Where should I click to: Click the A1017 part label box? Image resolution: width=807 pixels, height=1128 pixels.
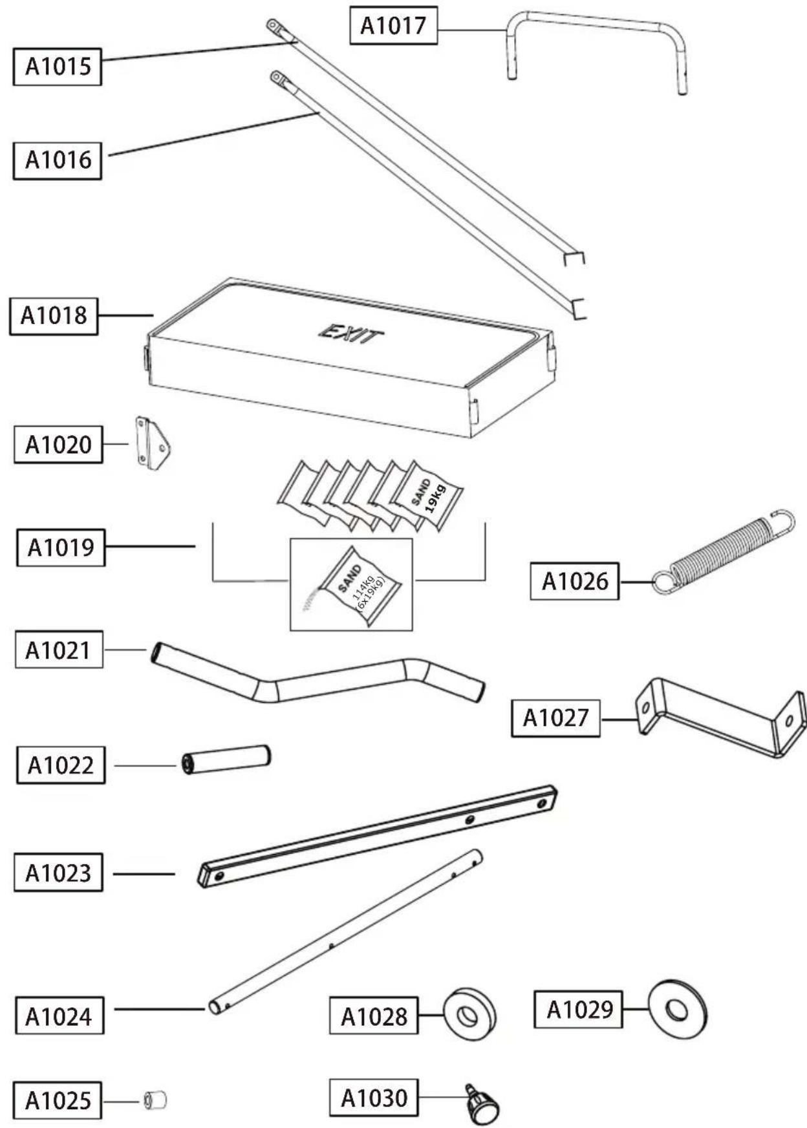(393, 26)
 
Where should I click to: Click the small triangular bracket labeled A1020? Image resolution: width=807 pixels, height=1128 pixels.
(153, 443)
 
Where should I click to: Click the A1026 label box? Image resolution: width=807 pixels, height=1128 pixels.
(574, 581)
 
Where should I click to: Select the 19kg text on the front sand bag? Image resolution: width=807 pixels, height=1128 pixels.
(436, 498)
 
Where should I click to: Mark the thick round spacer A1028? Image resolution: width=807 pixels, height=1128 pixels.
(469, 1014)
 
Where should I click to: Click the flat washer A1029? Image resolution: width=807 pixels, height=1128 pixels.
(677, 1009)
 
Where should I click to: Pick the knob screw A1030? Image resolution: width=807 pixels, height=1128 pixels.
(482, 1105)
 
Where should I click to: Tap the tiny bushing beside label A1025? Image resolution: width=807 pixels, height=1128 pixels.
(155, 1100)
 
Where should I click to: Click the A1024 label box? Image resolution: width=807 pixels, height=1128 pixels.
(59, 1017)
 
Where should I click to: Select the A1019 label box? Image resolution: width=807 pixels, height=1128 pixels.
(61, 548)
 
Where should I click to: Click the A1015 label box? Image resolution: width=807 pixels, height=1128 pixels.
(58, 66)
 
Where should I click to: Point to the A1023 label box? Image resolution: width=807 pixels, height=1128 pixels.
(58, 873)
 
